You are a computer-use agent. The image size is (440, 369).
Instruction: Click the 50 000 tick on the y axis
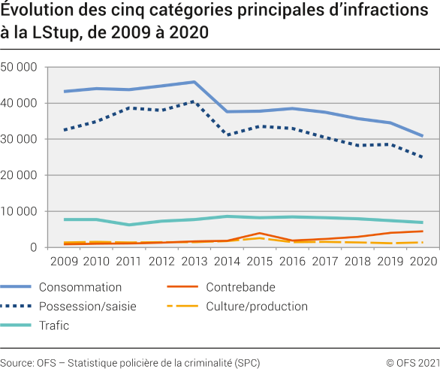pos(20,68)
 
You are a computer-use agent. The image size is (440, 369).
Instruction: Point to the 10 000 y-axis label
pos(20,212)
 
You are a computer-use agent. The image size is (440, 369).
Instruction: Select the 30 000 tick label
pos(20,140)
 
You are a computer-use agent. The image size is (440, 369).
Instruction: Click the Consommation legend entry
pos(80,287)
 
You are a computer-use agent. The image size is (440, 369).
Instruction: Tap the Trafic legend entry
pos(55,325)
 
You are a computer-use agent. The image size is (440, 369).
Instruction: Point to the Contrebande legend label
pos(240,287)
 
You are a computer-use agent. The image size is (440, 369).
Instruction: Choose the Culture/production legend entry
pos(257,306)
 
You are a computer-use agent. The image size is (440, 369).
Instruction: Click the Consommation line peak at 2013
pos(194,82)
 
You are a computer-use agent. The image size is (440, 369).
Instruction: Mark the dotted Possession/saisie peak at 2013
pos(194,101)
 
